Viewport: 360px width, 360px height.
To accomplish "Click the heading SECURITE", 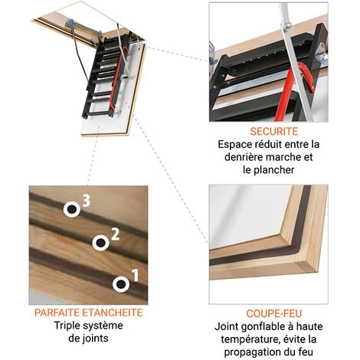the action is tap(274, 131).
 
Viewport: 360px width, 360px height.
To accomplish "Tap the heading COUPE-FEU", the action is tap(274, 313).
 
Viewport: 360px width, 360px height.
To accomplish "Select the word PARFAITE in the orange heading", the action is tap(57, 313).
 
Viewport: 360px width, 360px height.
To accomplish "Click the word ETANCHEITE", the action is tap(113, 313).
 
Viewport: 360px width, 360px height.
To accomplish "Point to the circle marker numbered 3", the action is tap(72, 209).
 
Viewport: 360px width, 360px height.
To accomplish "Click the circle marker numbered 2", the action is tap(100, 243).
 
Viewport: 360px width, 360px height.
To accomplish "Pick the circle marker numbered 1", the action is tap(121, 284).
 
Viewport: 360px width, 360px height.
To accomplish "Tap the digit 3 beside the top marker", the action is tap(87, 201).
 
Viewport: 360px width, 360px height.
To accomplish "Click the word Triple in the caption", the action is tap(67, 326).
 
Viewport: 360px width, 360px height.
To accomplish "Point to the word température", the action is tap(247, 339).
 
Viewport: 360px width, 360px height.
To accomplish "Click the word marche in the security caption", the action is tap(283, 157).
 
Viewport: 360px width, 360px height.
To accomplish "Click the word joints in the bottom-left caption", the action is tap(96, 339).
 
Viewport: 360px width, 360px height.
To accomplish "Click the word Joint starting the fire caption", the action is tap(227, 326).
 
